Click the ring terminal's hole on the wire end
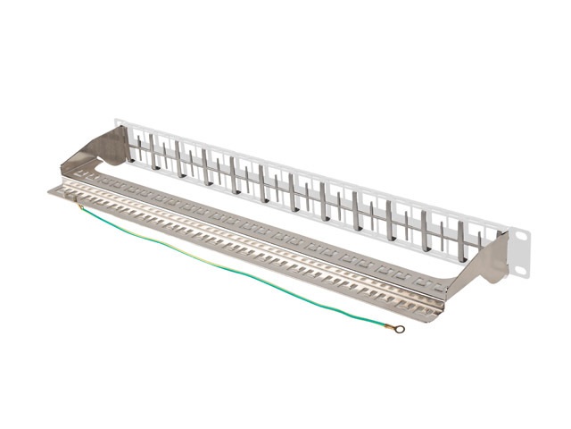click(x=400, y=329)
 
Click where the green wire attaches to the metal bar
click(x=80, y=207)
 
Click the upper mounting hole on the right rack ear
click(x=522, y=237)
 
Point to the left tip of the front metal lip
click(x=51, y=190)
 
